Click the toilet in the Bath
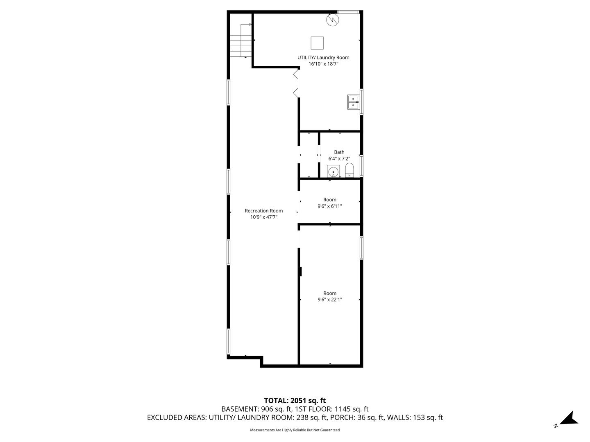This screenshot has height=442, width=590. tap(349, 170)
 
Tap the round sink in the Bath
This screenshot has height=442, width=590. tap(333, 171)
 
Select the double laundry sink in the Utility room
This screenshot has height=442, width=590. tap(353, 102)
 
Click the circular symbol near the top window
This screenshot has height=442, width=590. tap(333, 20)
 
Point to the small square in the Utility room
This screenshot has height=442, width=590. tap(317, 43)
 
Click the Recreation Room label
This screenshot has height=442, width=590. tap(264, 211)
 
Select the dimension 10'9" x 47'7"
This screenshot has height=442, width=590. tap(264, 217)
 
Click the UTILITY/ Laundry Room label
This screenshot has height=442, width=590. tap(323, 57)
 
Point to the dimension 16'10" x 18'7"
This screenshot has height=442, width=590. tap(323, 64)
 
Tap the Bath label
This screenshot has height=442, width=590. tap(339, 152)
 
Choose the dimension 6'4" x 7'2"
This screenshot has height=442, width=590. tap(339, 159)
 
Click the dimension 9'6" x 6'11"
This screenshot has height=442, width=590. tap(330, 206)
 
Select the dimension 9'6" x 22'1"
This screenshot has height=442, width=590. tap(330, 300)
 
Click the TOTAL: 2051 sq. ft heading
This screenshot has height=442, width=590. tap(295, 401)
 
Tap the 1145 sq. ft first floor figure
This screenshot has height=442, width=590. tap(352, 409)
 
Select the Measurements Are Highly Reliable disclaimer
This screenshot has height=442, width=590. tap(295, 430)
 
